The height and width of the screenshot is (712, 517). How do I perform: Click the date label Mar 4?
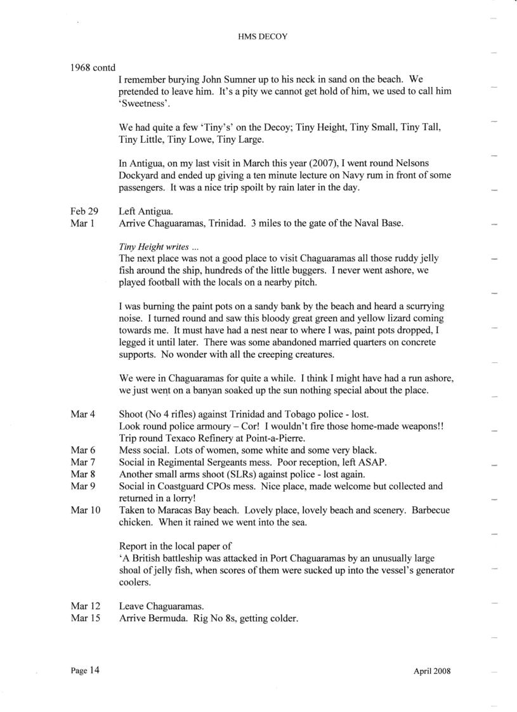pyautogui.click(x=82, y=414)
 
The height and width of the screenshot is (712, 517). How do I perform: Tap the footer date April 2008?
pyautogui.click(x=431, y=671)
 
